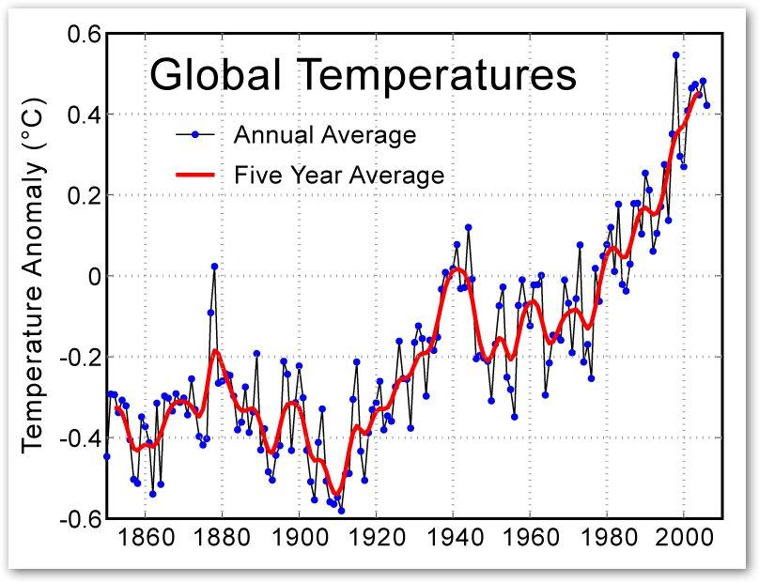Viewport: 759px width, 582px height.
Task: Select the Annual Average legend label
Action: (x=324, y=135)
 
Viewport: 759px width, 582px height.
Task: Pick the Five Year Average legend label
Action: (x=338, y=175)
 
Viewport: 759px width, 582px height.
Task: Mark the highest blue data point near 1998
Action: (x=675, y=55)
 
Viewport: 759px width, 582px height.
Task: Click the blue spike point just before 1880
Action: (x=214, y=267)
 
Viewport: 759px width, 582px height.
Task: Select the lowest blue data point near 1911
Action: (x=341, y=511)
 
